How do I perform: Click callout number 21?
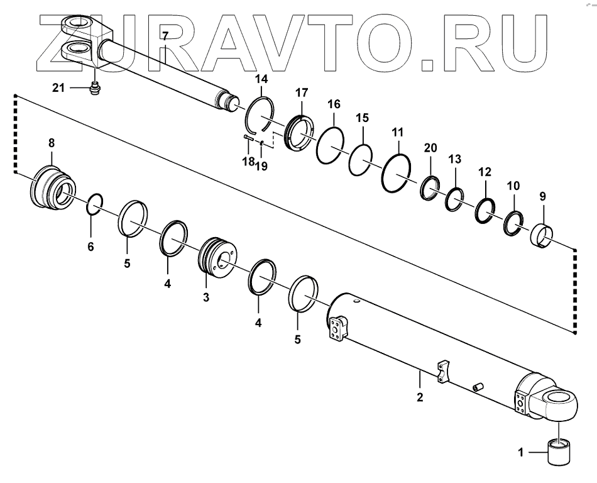[x=58, y=88]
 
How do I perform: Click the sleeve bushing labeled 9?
[x=544, y=236]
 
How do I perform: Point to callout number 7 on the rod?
[x=165, y=36]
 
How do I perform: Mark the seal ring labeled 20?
[x=430, y=188]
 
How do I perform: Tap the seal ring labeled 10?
[x=513, y=223]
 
